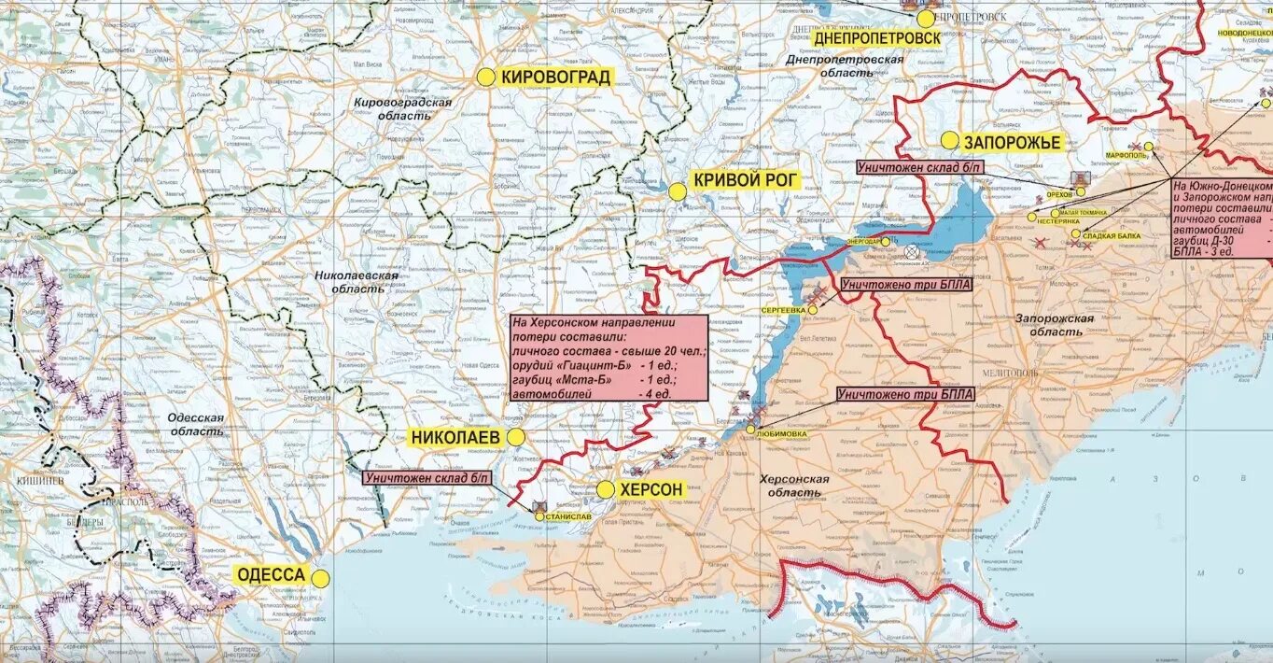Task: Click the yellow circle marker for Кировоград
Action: tap(486, 78)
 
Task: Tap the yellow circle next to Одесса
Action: tap(320, 578)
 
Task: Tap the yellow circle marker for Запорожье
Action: tap(949, 141)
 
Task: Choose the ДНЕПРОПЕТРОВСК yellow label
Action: tap(877, 38)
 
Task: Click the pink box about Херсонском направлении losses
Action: tap(608, 358)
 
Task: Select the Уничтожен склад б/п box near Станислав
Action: tap(428, 478)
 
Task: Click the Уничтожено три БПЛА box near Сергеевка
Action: tap(906, 285)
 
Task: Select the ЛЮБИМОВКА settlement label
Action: tap(777, 434)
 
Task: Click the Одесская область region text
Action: tap(196, 425)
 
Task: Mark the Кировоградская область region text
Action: tap(402, 108)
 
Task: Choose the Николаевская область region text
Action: tap(357, 282)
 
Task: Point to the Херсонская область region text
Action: tap(794, 486)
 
